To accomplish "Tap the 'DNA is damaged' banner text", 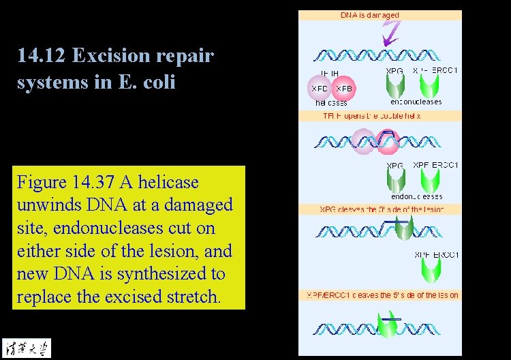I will coord(370,15).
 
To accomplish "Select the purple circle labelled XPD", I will coord(320,89).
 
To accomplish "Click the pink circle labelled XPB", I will coord(343,89).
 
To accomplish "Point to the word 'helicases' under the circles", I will coord(332,104).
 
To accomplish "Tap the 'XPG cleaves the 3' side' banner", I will coord(382,209).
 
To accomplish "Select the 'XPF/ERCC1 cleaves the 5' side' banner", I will coord(381,295).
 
